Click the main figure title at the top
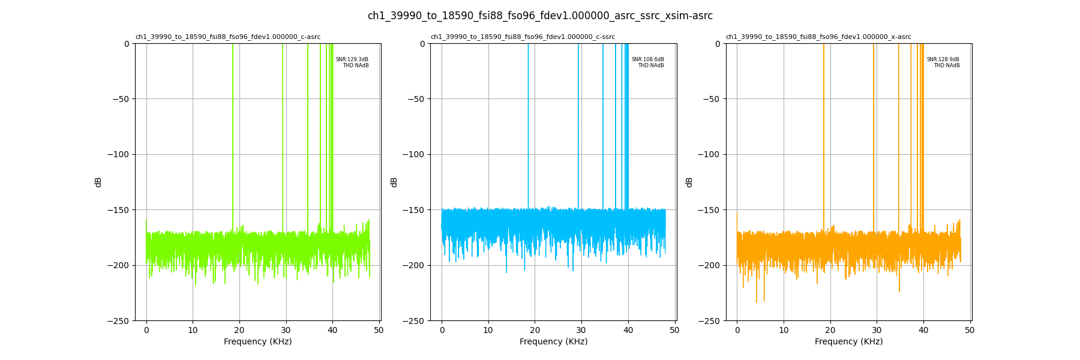[x=540, y=16]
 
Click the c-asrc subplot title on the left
[x=228, y=37]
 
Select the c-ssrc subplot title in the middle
[x=523, y=37]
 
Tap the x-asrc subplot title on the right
[x=818, y=37]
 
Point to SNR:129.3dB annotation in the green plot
[x=352, y=59]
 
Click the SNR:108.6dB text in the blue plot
[x=647, y=59]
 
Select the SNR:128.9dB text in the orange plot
[x=943, y=59]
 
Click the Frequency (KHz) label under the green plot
[x=258, y=342]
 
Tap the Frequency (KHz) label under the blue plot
[x=553, y=342]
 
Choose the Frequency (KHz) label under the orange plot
[x=848, y=342]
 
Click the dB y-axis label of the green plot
[x=98, y=182]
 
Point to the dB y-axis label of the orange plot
[x=689, y=182]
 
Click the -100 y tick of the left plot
[x=118, y=154]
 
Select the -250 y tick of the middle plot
[x=413, y=321]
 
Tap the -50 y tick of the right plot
[x=711, y=99]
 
